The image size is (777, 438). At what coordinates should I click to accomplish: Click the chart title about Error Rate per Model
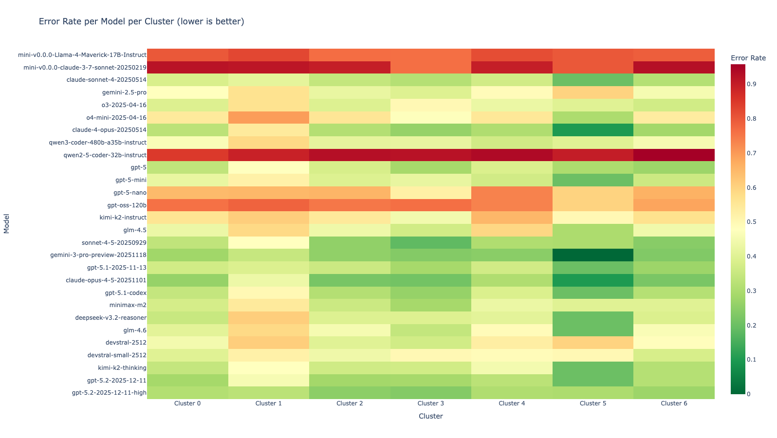pos(141,21)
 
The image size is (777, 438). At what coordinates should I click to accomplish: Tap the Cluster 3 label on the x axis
pos(431,403)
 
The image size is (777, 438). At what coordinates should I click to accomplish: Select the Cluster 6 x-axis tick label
pos(674,403)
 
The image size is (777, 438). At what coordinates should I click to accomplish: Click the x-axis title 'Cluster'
pos(431,416)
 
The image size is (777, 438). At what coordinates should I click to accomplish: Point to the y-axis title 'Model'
pos(7,224)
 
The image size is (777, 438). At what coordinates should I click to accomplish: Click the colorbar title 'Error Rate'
pos(748,58)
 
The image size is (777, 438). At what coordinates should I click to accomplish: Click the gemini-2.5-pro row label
pos(124,92)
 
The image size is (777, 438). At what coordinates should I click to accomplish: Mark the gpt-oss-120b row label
pos(127,205)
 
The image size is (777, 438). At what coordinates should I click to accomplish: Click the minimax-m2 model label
pos(128,305)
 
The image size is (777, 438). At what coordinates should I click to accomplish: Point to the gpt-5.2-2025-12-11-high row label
pos(109,393)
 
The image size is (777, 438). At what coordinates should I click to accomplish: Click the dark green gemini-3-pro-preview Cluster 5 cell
pos(592,255)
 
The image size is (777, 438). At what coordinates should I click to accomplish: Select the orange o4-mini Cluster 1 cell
pos(269,117)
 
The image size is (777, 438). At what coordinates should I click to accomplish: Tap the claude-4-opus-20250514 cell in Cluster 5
pos(592,130)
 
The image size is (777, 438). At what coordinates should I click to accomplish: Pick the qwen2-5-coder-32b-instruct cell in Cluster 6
pos(674,155)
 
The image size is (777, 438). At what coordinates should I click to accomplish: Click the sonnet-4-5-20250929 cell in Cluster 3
pos(431,242)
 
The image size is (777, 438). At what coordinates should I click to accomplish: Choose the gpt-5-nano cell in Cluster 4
pos(512,193)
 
